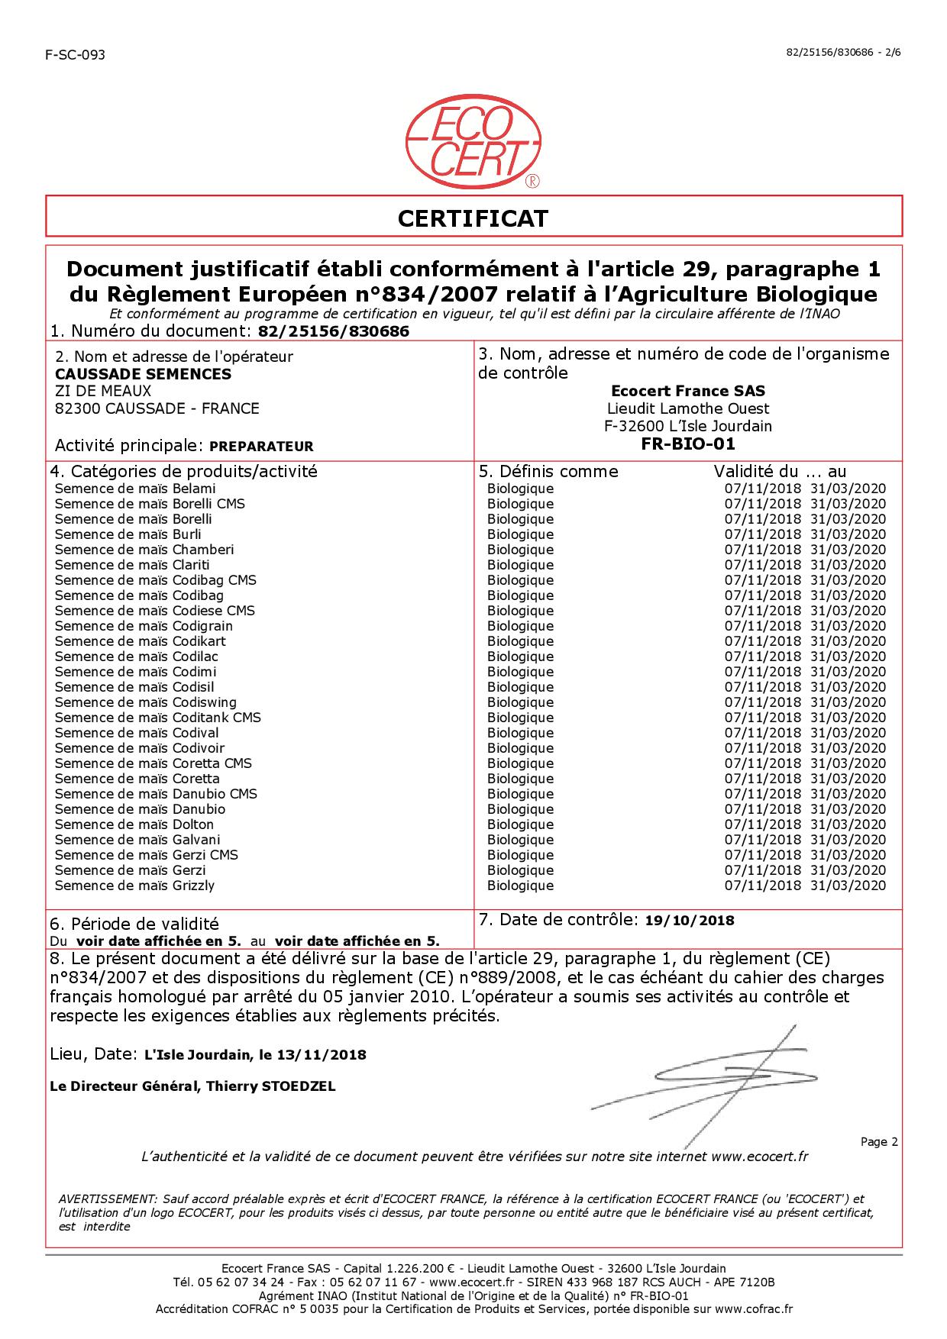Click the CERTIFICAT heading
point(473,218)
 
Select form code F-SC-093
point(75,55)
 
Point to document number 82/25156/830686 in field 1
point(334,331)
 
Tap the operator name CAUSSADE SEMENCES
point(143,374)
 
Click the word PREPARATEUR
point(261,447)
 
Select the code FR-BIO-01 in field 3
point(688,444)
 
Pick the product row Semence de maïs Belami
point(135,489)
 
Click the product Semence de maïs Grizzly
point(135,886)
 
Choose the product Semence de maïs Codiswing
point(146,702)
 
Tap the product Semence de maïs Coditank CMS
point(158,718)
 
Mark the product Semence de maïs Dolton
point(134,824)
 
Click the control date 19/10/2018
point(689,921)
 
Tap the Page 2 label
point(879,1142)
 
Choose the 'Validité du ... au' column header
point(780,471)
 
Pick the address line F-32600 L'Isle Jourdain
point(688,426)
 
